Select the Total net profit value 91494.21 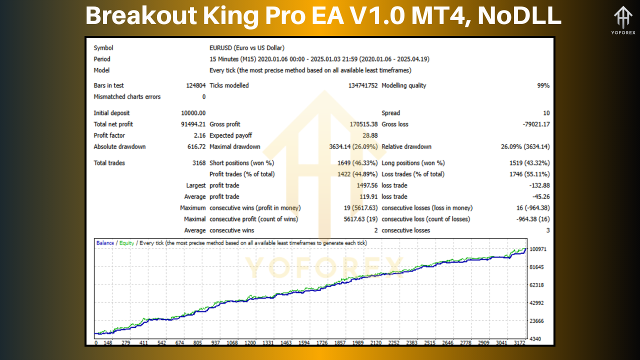[193, 124]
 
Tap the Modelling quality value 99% [543, 85]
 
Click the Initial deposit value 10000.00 [193, 113]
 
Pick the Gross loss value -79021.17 [533, 124]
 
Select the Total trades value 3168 [198, 163]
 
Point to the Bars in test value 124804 [195, 85]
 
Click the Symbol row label [103, 48]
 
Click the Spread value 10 [546, 113]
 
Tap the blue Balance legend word [105, 243]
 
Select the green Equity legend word [126, 243]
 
